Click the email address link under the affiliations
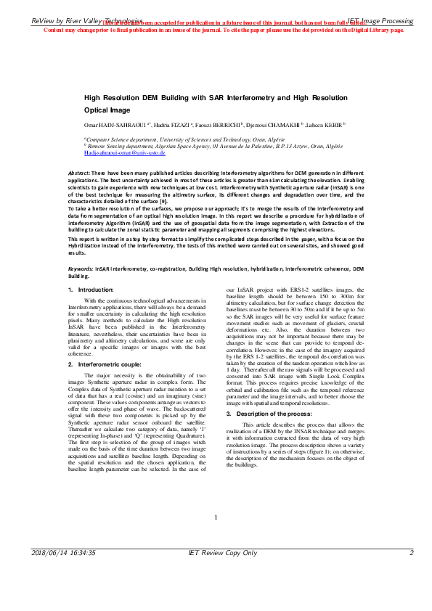pos(125,153)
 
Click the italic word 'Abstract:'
pos(79,174)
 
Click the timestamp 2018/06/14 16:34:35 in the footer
pos(63,573)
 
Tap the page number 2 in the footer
pos(411,573)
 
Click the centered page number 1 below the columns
pos(216,517)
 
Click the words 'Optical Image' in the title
pos(107,110)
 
